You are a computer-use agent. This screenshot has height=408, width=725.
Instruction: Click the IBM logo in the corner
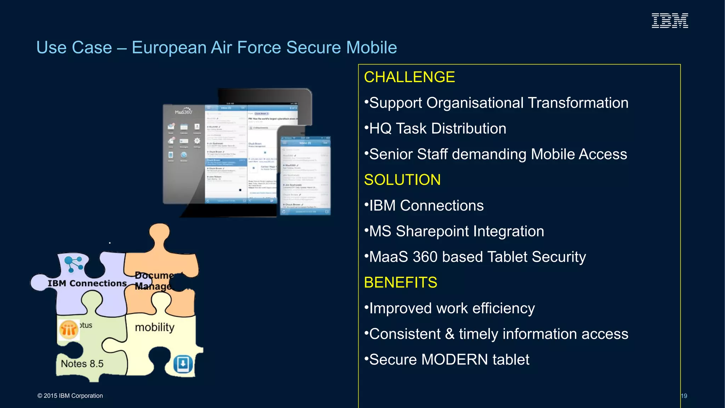(670, 21)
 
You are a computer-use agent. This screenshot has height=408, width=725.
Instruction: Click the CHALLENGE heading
(409, 77)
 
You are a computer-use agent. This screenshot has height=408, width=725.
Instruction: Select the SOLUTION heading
(402, 180)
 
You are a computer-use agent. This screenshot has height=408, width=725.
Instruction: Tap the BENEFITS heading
(400, 283)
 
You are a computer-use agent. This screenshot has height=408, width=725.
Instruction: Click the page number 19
(684, 396)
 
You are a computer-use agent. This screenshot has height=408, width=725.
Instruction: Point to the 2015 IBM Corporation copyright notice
(70, 396)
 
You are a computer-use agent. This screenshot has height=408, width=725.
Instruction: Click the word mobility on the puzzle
(155, 327)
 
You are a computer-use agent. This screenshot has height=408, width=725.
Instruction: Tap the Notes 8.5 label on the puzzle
(82, 364)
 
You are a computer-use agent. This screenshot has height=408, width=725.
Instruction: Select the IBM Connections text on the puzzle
(87, 283)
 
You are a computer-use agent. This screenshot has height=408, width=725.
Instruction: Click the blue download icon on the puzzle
(183, 364)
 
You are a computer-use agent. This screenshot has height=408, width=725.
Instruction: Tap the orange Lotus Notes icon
(68, 330)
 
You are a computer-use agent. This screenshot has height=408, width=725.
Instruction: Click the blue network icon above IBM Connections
(74, 264)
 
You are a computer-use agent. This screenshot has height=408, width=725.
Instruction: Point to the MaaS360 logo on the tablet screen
(183, 111)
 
